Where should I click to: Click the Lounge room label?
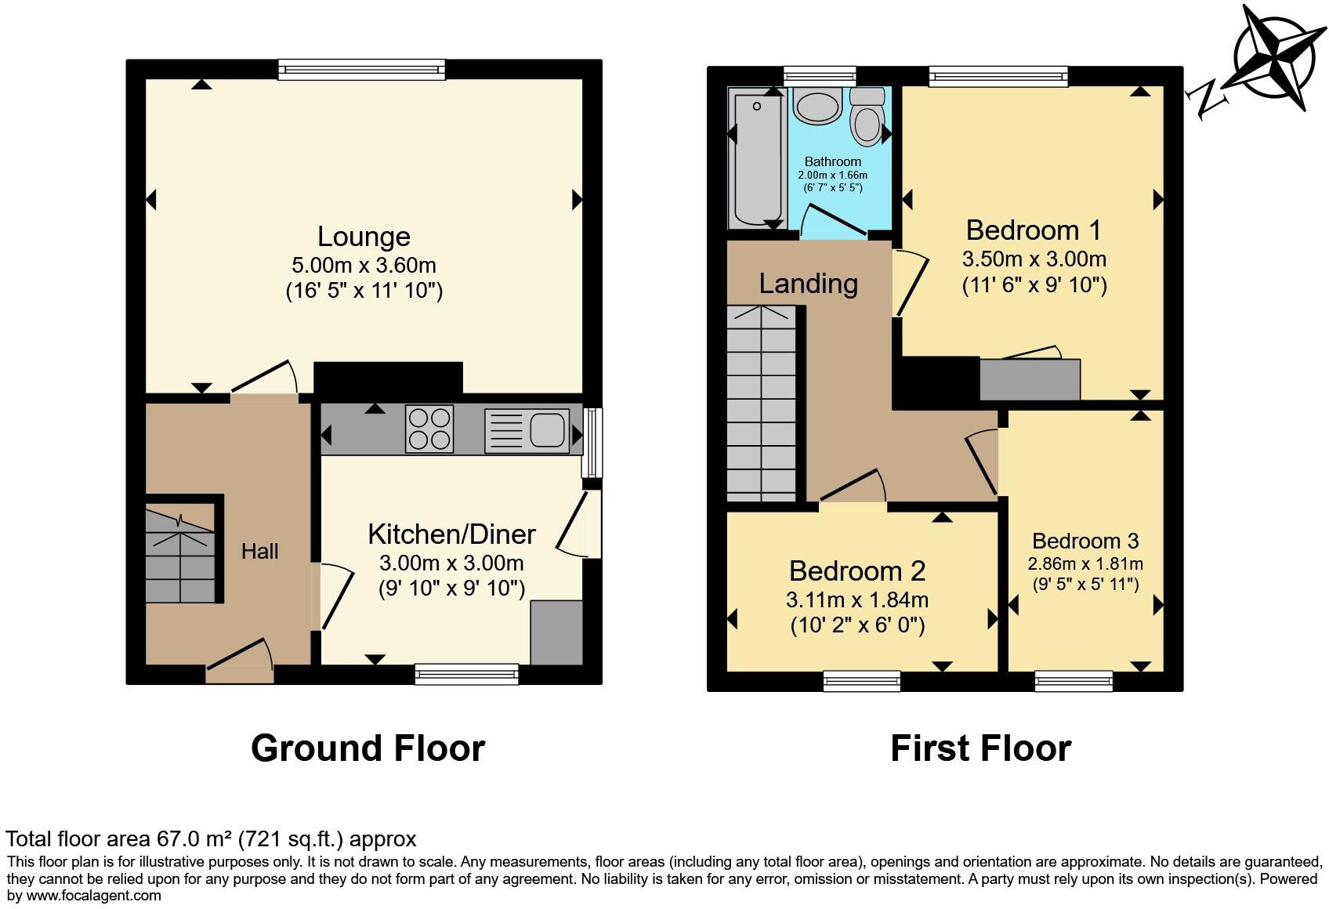coord(364,237)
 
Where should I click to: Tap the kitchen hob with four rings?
coord(429,429)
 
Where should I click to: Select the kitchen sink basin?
coord(547,429)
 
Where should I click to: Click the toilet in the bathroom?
coord(867,117)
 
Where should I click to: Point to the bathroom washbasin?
coord(817,107)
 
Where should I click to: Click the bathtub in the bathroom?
coord(758,158)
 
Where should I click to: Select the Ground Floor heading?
coord(368,748)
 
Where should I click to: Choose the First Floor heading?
coord(981,748)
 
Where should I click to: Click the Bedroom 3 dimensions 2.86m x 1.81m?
coord(1085,563)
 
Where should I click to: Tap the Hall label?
coord(259,551)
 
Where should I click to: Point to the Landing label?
coord(808,284)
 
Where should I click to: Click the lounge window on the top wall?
coord(362,70)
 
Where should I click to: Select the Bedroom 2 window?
coord(861,681)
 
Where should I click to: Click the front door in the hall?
coord(240,661)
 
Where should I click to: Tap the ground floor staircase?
coord(180,555)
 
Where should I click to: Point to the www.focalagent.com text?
coord(93,896)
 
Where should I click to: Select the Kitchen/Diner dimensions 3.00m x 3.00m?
coord(451,563)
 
